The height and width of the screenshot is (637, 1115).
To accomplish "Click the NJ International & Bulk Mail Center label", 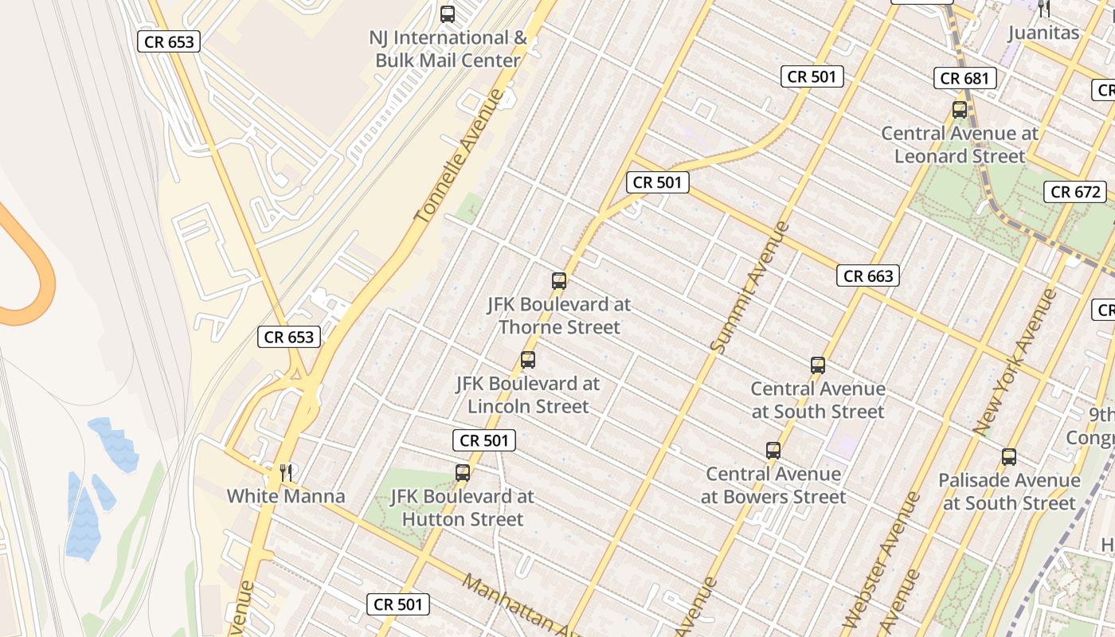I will pyautogui.click(x=448, y=49).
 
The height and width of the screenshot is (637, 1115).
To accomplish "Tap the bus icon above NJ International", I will pyautogui.click(x=448, y=14).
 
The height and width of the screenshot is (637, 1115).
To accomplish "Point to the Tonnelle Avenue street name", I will pyautogui.click(x=460, y=156).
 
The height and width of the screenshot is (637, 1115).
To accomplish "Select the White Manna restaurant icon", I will pyautogui.click(x=286, y=473).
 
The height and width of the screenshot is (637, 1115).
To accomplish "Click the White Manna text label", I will pyautogui.click(x=286, y=497).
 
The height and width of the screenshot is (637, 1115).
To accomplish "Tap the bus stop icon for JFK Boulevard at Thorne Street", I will pyautogui.click(x=559, y=280).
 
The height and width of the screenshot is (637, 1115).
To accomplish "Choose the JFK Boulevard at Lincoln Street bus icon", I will pyautogui.click(x=528, y=360).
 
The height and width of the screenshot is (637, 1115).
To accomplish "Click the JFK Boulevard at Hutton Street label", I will pyautogui.click(x=463, y=508).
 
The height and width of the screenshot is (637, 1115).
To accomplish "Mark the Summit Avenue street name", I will pyautogui.click(x=749, y=287).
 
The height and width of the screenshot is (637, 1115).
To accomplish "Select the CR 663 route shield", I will pyautogui.click(x=868, y=276).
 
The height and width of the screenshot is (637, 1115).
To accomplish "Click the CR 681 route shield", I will pyautogui.click(x=965, y=78).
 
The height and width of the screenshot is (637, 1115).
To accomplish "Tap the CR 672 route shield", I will pyautogui.click(x=1075, y=192).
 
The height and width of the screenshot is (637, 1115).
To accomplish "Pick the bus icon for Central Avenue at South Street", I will pyautogui.click(x=818, y=365).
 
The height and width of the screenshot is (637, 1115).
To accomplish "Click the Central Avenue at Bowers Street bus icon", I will pyautogui.click(x=773, y=451).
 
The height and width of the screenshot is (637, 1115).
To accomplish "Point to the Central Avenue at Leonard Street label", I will pyautogui.click(x=960, y=145).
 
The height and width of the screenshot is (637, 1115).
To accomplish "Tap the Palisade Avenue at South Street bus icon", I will pyautogui.click(x=1009, y=457).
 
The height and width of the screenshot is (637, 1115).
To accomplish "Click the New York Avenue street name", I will pyautogui.click(x=1015, y=362).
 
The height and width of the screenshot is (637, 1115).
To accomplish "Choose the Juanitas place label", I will pyautogui.click(x=1043, y=33).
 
